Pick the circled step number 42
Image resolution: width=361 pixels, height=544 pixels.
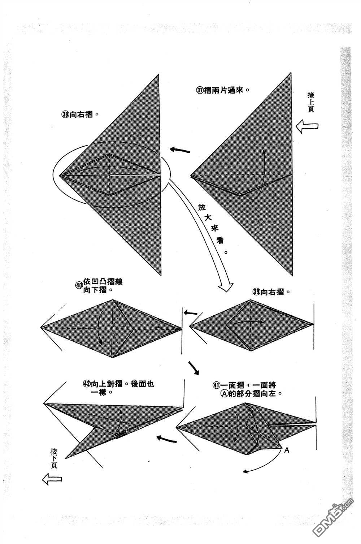pos(86,384)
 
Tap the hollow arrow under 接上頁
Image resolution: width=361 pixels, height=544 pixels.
pos(307,126)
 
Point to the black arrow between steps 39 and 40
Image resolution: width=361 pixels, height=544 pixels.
pos(191,313)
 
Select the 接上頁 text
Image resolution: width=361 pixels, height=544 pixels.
pos(310,102)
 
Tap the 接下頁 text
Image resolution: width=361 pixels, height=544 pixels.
pos(54,458)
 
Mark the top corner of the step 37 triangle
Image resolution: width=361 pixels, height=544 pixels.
pos(291,74)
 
